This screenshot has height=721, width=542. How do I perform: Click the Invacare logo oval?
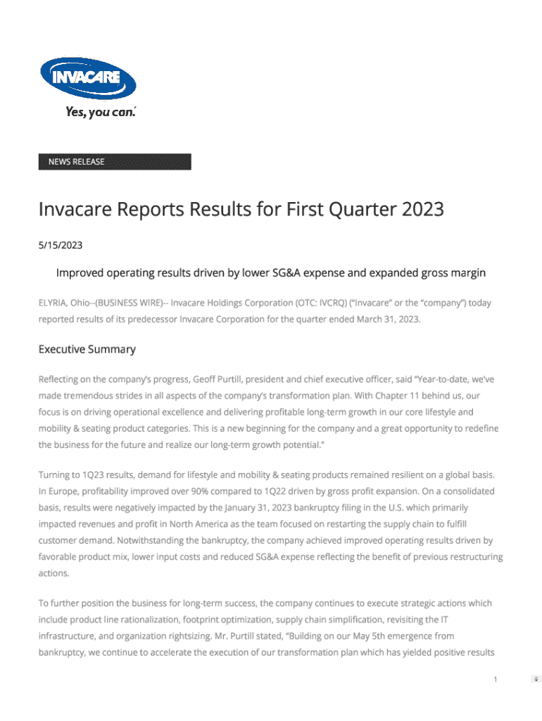click(x=88, y=79)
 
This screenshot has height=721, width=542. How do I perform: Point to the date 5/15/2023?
click(x=61, y=246)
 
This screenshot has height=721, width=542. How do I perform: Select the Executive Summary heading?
click(x=87, y=349)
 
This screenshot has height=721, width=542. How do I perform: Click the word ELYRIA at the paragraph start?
click(x=53, y=303)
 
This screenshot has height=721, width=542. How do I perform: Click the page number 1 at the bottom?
click(x=496, y=679)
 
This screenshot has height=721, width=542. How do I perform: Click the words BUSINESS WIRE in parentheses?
click(x=127, y=303)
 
